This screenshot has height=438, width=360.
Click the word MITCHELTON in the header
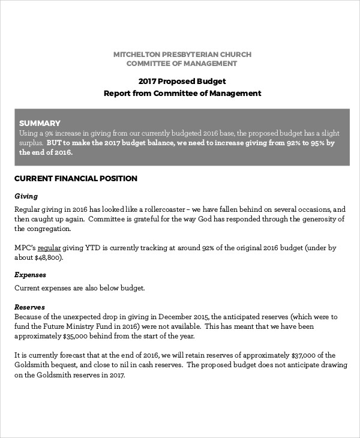139,55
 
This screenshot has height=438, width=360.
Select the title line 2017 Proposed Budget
182,81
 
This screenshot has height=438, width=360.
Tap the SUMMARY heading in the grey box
40,122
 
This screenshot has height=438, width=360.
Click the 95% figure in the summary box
316,143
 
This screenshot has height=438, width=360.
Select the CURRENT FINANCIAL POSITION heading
76,178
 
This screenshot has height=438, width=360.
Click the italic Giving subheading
26,196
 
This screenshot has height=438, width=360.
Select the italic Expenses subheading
30,275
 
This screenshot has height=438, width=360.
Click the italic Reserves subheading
30,306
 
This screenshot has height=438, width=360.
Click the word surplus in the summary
28,143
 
